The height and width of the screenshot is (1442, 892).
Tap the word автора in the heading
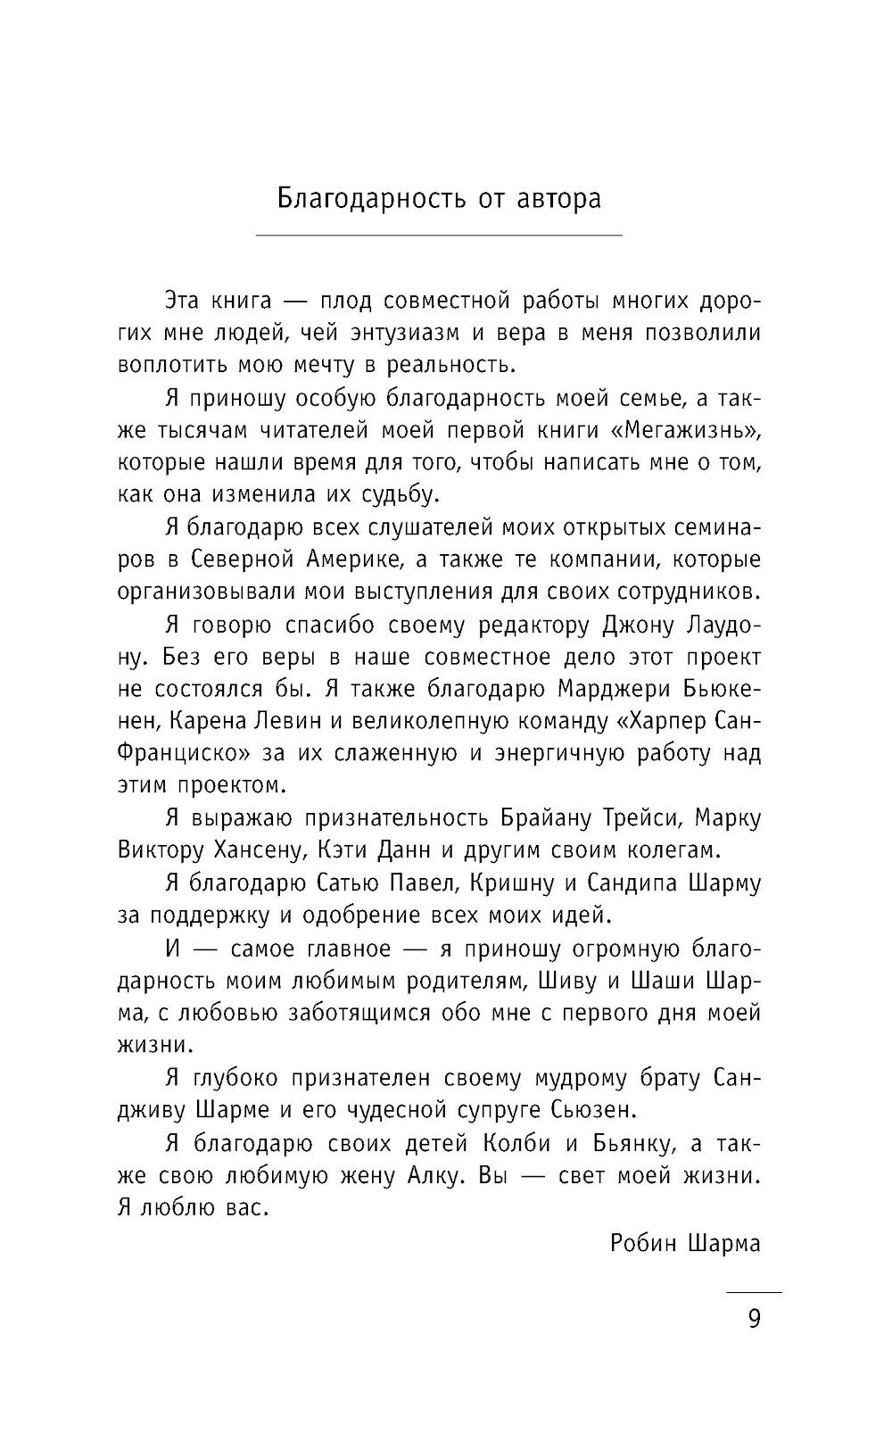click(558, 197)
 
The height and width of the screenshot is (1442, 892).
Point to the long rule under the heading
click(439, 236)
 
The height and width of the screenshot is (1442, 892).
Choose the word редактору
click(533, 625)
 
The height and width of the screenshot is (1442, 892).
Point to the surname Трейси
click(613, 818)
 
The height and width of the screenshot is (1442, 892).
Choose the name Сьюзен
click(611, 1109)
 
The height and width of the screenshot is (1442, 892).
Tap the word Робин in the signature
click(643, 1242)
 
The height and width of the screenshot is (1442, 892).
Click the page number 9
click(754, 1318)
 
